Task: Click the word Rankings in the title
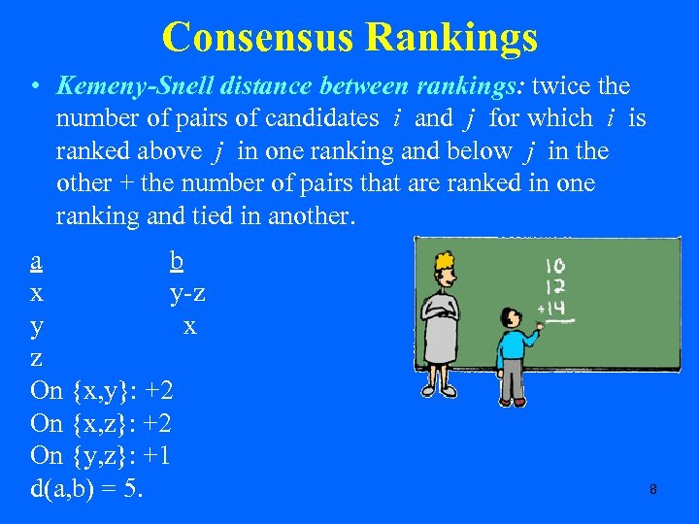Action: tap(450, 38)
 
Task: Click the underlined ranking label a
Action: tap(36, 261)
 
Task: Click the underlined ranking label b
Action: tap(176, 261)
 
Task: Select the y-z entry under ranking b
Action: tap(186, 293)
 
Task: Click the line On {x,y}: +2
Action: tap(102, 391)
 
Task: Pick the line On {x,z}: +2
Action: tap(102, 423)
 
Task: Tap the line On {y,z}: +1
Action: tap(102, 455)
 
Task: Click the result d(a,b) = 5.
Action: tap(87, 487)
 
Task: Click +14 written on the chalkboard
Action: tap(550, 309)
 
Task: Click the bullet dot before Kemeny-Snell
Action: tap(34, 87)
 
